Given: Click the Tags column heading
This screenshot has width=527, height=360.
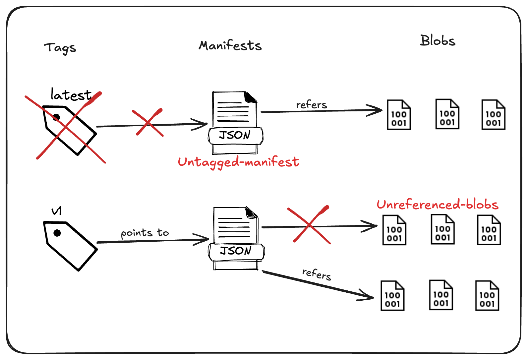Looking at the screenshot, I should click(x=60, y=48).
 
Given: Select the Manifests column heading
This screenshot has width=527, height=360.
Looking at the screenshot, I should click(x=230, y=46).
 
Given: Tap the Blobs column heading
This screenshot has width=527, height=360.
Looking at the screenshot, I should click(x=438, y=40).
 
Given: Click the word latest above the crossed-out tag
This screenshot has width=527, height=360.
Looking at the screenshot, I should click(x=71, y=95).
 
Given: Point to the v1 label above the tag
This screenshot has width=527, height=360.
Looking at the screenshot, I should click(x=57, y=211).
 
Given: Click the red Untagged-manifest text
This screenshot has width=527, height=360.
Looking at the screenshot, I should click(x=238, y=162).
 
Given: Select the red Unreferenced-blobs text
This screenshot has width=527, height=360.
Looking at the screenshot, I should click(x=438, y=205).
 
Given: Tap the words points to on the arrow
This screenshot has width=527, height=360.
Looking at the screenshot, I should click(x=145, y=233).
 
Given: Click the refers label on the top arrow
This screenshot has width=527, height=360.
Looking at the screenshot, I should click(x=311, y=105).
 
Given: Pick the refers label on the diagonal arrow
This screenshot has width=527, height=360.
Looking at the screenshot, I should click(x=317, y=274).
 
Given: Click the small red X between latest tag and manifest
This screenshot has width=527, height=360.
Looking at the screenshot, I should click(x=147, y=123).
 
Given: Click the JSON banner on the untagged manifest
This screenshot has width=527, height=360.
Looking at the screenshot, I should click(x=235, y=135).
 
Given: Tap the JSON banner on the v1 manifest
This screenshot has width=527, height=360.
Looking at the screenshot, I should click(x=236, y=251).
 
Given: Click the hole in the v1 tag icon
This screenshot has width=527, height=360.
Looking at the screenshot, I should click(x=57, y=233).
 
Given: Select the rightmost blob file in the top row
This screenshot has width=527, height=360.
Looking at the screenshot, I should click(x=493, y=115).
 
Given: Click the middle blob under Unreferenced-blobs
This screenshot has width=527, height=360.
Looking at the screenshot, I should click(x=442, y=229).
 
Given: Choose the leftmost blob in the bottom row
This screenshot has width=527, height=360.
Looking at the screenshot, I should click(x=392, y=296).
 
